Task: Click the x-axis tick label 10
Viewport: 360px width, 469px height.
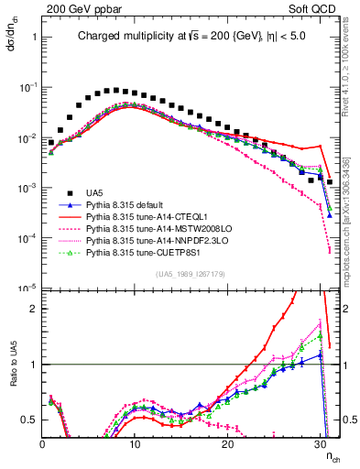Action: pyautogui.click(x=135, y=442)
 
